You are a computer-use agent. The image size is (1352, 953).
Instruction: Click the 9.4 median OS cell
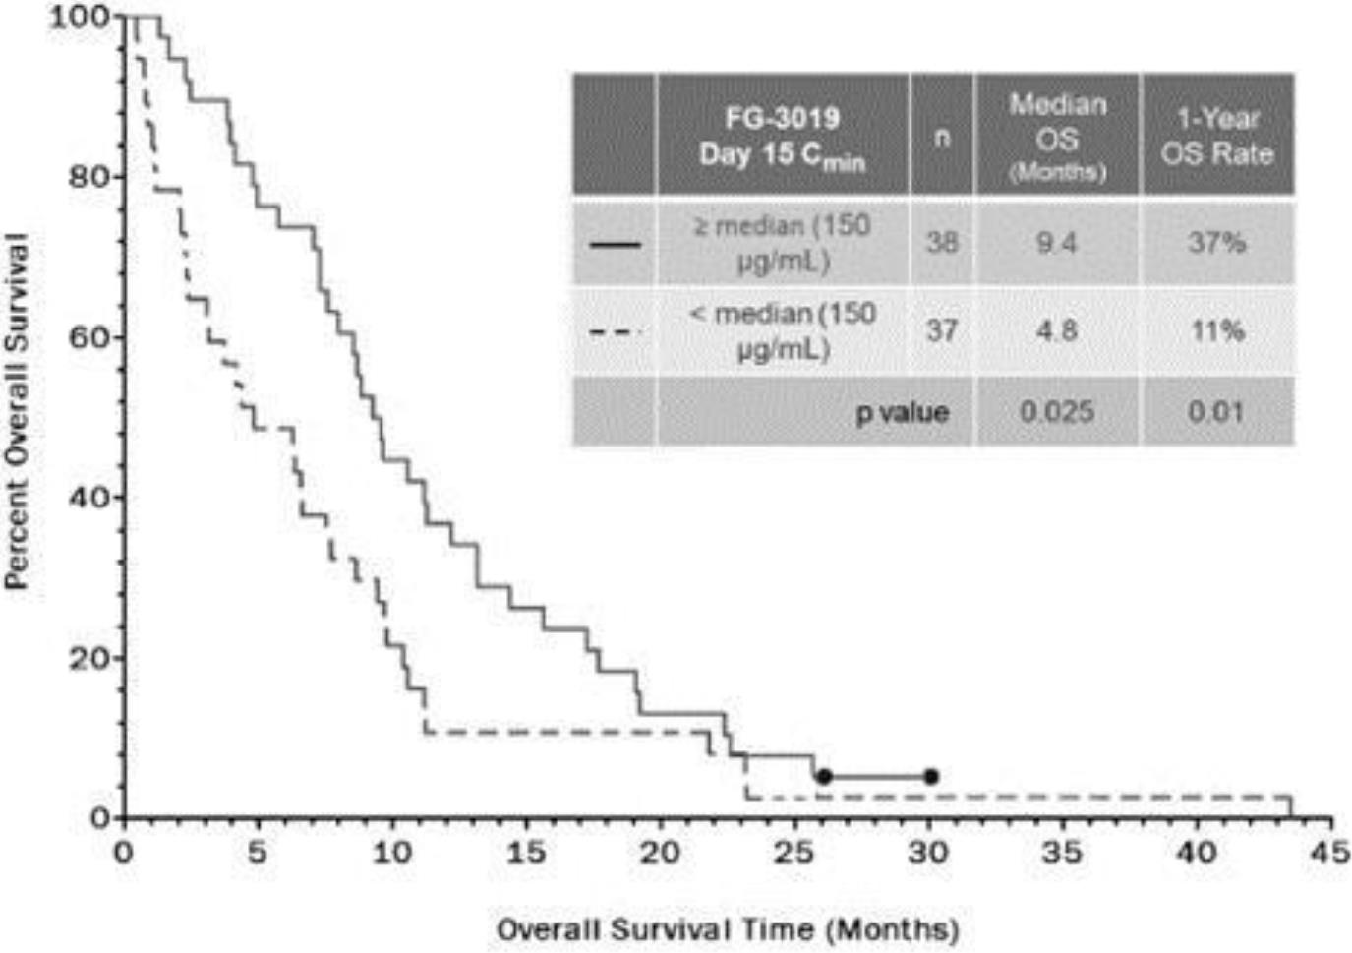[1056, 243]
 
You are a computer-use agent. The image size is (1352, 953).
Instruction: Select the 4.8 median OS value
[1056, 330]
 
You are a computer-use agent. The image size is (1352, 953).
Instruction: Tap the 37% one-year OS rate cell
[1216, 243]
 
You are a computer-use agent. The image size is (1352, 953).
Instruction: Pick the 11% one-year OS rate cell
[1217, 330]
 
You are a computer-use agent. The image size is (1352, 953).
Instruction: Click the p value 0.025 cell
[1056, 411]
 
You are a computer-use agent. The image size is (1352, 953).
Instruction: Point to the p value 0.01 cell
[1216, 411]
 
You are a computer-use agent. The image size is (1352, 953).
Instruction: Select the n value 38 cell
[941, 243]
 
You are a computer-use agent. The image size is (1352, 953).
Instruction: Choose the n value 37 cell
[941, 330]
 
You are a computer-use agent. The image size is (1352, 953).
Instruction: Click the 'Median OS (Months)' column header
[1057, 137]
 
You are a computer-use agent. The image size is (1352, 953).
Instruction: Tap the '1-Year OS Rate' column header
[1217, 136]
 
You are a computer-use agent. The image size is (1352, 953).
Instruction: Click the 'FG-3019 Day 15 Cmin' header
[782, 137]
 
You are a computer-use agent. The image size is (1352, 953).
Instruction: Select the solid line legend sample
[615, 244]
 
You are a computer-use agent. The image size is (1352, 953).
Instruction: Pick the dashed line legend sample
[615, 331]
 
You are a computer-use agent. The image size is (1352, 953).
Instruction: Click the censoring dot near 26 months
[824, 777]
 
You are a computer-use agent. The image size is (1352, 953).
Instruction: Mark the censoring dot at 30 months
[931, 777]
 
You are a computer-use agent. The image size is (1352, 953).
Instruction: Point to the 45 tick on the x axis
[1329, 851]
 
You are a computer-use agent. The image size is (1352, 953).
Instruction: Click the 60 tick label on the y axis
[88, 337]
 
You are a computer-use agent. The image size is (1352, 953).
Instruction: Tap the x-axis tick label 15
[525, 851]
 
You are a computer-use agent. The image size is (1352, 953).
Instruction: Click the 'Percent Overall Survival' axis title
[17, 411]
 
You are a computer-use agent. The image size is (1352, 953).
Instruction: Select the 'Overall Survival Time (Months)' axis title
[727, 929]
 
